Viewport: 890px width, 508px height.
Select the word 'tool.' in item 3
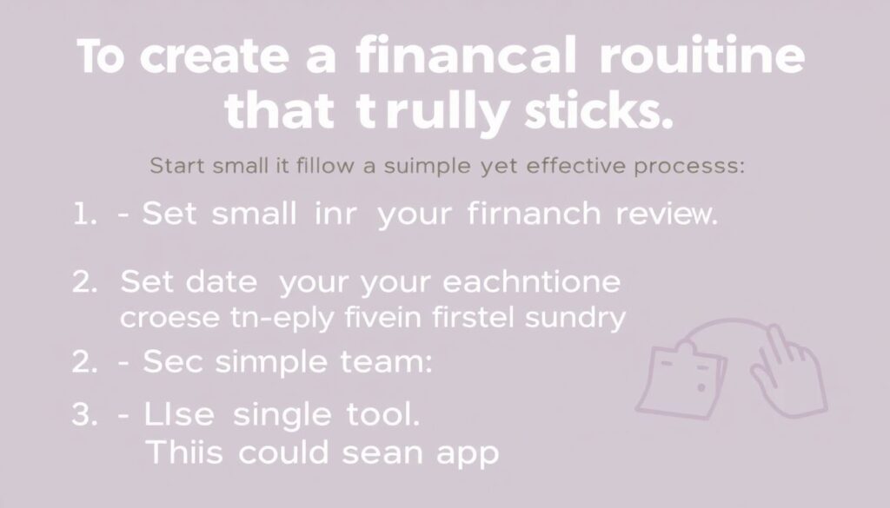pyautogui.click(x=380, y=415)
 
